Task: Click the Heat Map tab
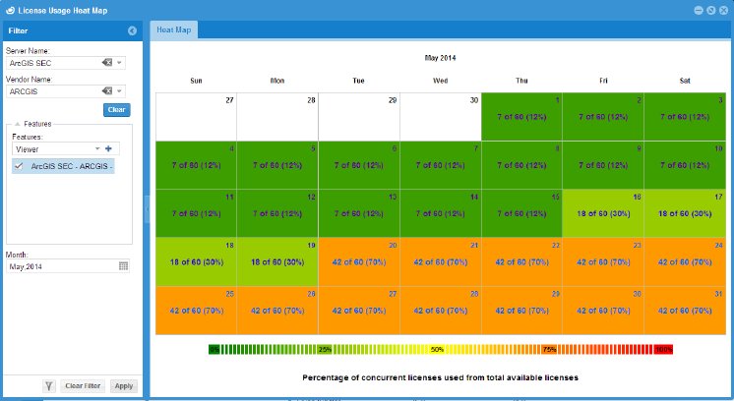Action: click(x=173, y=30)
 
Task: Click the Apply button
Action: click(x=123, y=386)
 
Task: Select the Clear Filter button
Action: click(x=84, y=386)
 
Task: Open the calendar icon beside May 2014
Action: click(x=124, y=265)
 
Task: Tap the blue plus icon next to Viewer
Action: click(x=108, y=148)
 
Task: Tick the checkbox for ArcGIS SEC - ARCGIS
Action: click(x=19, y=166)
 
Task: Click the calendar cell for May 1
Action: click(x=521, y=116)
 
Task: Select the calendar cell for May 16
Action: click(x=603, y=212)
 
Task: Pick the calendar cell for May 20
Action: click(x=359, y=261)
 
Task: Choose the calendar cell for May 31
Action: click(x=685, y=309)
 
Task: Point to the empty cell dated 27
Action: click(x=196, y=116)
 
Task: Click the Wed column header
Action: click(x=440, y=81)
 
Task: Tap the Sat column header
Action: click(x=684, y=81)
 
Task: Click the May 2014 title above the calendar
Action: click(x=440, y=57)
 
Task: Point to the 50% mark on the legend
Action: click(x=438, y=349)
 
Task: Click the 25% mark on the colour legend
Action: click(x=325, y=349)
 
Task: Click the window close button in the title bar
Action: click(x=723, y=9)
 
